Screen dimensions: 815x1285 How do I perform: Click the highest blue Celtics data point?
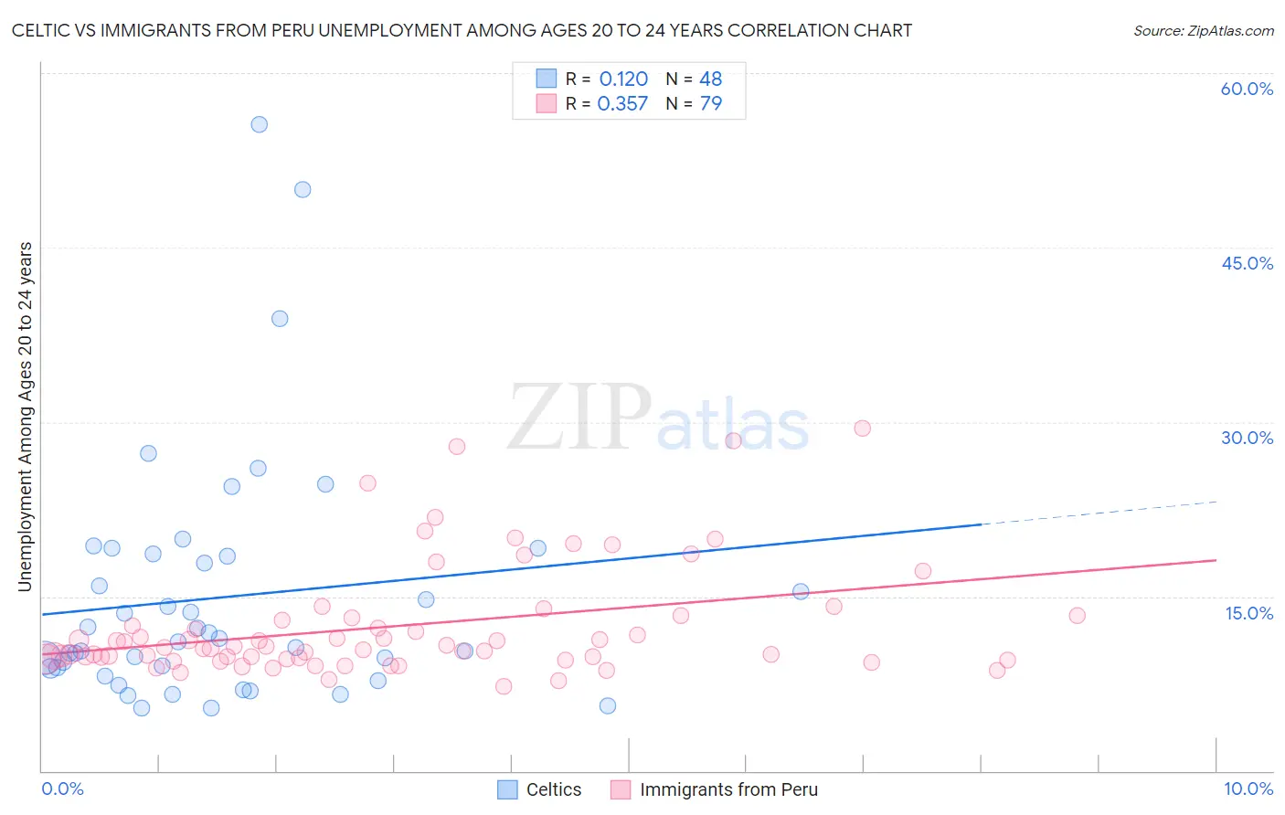pyautogui.click(x=260, y=124)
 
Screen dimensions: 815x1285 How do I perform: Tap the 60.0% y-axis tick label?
pyautogui.click(x=1247, y=89)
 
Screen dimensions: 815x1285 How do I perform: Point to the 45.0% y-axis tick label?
pyautogui.click(x=1247, y=263)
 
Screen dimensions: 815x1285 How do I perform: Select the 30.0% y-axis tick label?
pyautogui.click(x=1247, y=438)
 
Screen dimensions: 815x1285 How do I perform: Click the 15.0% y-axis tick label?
pyautogui.click(x=1248, y=613)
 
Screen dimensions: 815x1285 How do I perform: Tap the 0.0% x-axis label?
pyautogui.click(x=62, y=789)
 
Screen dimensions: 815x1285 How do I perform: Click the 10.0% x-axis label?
pyautogui.click(x=1248, y=789)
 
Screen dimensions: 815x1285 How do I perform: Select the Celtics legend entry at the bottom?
pyautogui.click(x=540, y=789)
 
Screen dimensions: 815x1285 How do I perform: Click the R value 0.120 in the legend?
pyautogui.click(x=623, y=79)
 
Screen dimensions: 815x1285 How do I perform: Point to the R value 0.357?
pyautogui.click(x=622, y=104)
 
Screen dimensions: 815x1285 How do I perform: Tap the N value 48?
pyautogui.click(x=710, y=79)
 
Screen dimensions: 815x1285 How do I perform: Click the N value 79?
pyautogui.click(x=710, y=104)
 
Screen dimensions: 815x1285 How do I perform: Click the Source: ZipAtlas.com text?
pyautogui.click(x=1203, y=30)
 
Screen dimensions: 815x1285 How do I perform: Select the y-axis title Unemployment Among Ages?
pyautogui.click(x=26, y=417)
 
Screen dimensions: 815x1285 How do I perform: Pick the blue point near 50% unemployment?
pyautogui.click(x=303, y=190)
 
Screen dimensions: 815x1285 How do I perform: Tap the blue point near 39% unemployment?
pyautogui.click(x=280, y=319)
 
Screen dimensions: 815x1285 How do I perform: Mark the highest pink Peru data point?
pyautogui.click(x=862, y=428)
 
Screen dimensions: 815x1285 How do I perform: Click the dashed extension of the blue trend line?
pyautogui.click(x=1097, y=513)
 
